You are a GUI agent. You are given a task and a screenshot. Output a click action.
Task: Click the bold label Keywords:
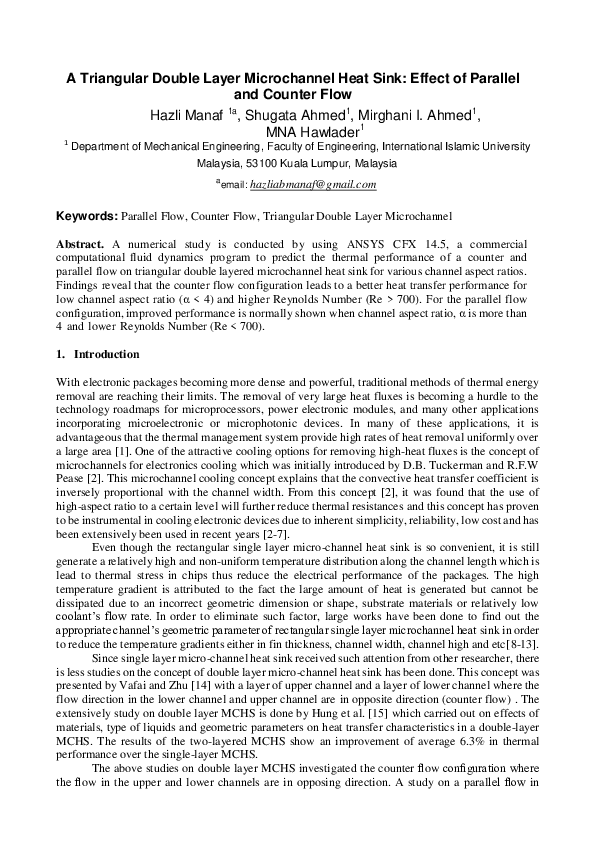87,215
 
